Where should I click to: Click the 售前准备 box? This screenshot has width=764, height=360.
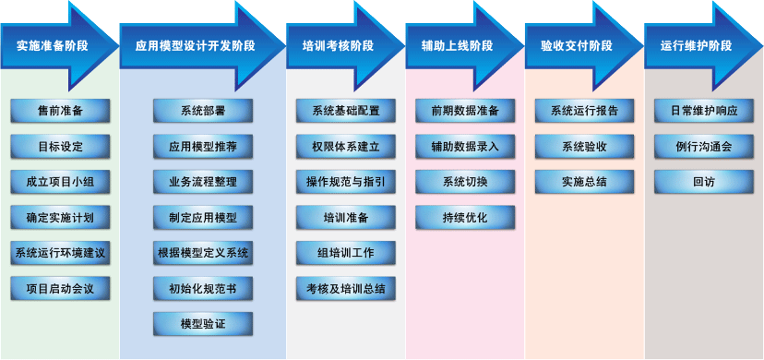point(60,111)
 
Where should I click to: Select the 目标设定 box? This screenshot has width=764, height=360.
point(60,146)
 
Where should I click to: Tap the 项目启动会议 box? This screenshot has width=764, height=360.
point(60,288)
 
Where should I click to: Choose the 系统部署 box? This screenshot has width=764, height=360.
point(203,111)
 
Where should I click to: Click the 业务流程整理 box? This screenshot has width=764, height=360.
point(203,182)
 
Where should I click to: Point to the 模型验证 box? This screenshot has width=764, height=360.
point(203,324)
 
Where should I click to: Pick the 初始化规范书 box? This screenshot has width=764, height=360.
point(203,288)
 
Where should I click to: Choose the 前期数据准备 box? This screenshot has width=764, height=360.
point(465,111)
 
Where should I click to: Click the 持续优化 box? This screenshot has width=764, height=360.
point(465,217)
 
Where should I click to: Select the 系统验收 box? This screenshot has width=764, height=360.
point(584,146)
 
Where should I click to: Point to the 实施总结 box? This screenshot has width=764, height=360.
point(584,182)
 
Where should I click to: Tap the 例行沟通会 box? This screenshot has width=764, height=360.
point(703,146)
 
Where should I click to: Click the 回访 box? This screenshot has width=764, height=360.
point(703,182)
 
